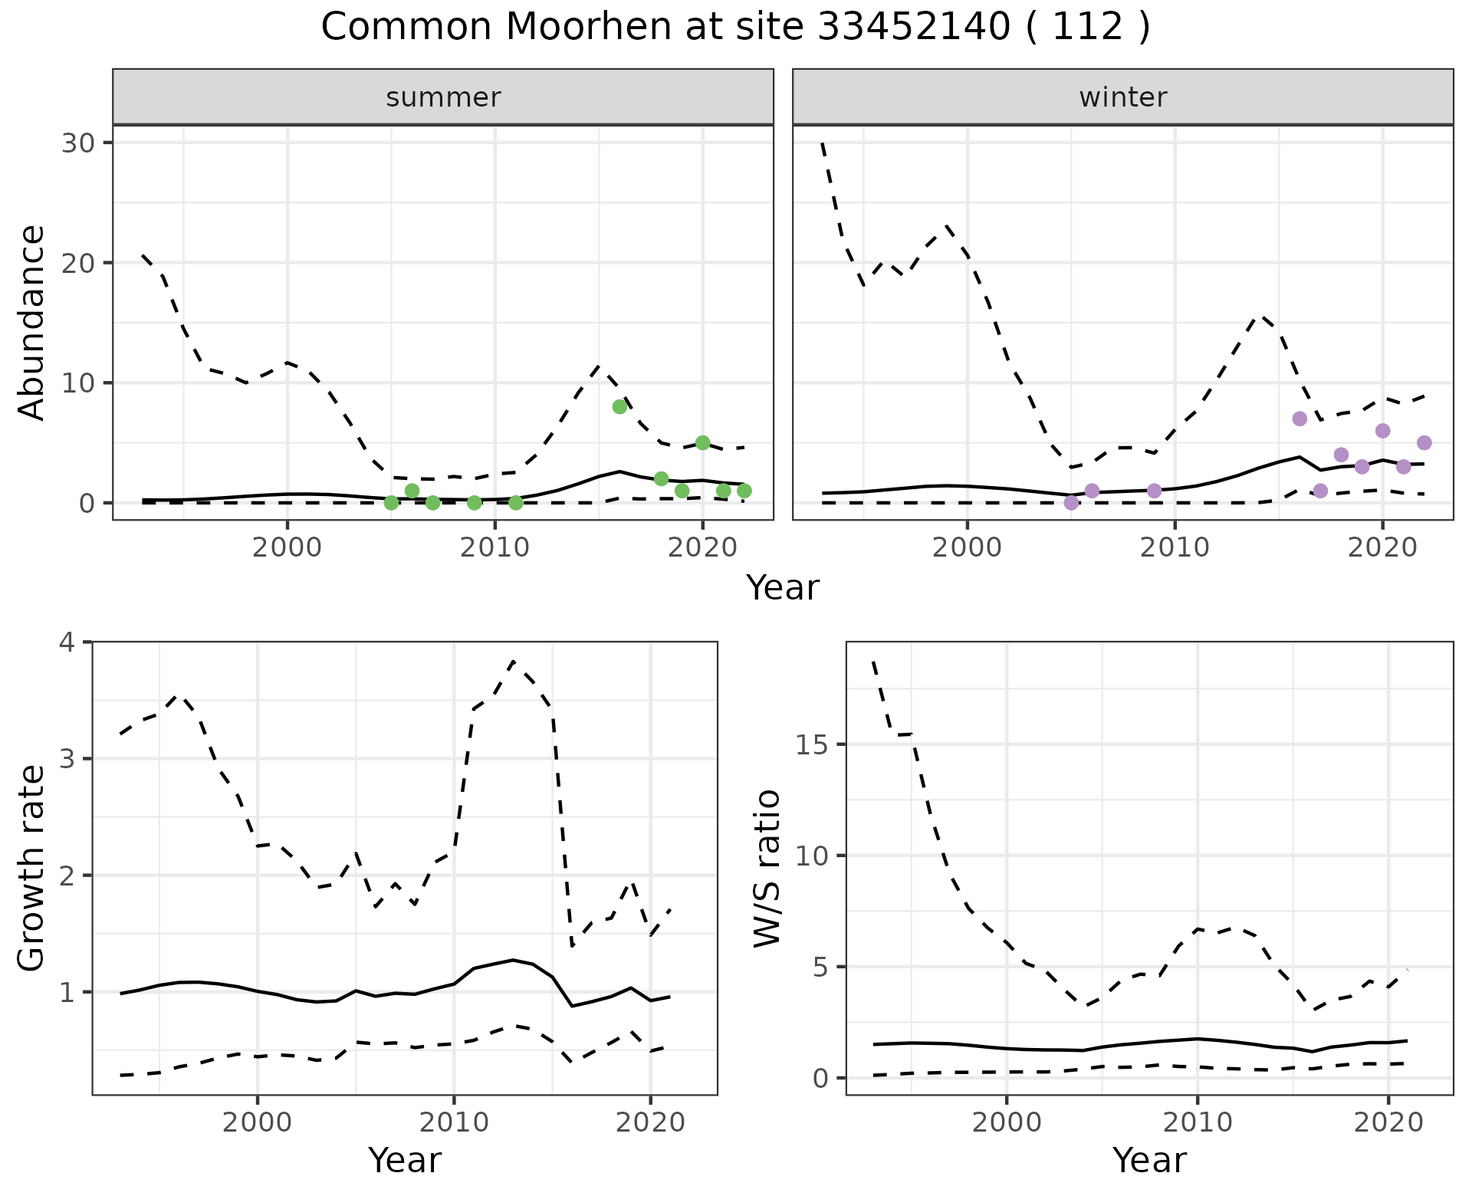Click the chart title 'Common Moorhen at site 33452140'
click(734, 28)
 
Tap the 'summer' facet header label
click(443, 97)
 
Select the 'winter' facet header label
click(1122, 97)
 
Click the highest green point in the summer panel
click(619, 406)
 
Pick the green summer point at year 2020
click(702, 442)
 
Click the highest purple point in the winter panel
click(1299, 419)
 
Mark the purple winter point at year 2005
click(1071, 503)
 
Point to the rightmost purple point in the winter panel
click(1424, 442)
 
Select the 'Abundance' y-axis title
click(32, 322)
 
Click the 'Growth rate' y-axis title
click(32, 868)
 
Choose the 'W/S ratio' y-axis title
click(767, 868)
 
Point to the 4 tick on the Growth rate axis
click(69, 642)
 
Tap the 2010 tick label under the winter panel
click(1175, 548)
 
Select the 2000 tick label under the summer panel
click(287, 548)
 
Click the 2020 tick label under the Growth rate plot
click(650, 1123)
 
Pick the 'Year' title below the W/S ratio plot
click(1149, 1160)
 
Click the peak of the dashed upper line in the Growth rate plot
click(513, 660)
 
